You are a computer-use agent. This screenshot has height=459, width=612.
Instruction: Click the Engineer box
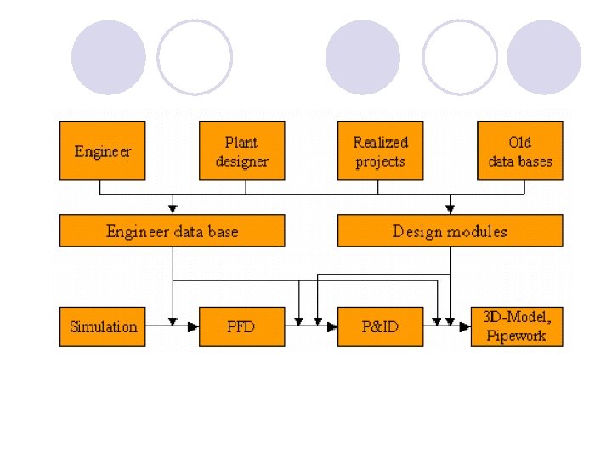(102, 150)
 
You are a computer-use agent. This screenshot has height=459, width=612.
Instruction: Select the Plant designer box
(241, 150)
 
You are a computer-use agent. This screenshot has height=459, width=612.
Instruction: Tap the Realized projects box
(380, 150)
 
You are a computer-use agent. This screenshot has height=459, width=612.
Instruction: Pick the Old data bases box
(520, 150)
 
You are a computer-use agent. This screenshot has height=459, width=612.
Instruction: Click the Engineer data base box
(172, 231)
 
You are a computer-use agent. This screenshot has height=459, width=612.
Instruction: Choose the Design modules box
(450, 231)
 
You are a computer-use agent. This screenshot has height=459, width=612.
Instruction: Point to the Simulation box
(103, 326)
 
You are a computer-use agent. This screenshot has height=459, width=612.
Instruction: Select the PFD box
(241, 326)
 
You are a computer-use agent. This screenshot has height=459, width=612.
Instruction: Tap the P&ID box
(380, 326)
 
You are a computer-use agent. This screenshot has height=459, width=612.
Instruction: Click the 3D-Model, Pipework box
(517, 326)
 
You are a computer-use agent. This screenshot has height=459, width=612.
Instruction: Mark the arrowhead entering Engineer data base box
(173, 208)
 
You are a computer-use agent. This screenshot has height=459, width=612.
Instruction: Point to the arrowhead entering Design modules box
(450, 208)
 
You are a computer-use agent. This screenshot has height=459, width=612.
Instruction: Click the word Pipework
(516, 335)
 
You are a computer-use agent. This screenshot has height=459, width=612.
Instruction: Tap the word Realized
(381, 142)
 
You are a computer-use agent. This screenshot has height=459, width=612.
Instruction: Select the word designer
(241, 161)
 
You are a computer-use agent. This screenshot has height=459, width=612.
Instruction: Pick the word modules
(481, 231)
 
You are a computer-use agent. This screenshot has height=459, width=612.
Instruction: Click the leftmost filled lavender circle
(109, 58)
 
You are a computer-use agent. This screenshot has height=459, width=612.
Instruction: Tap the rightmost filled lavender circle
(544, 58)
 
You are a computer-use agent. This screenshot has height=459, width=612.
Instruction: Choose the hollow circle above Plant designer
(195, 58)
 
